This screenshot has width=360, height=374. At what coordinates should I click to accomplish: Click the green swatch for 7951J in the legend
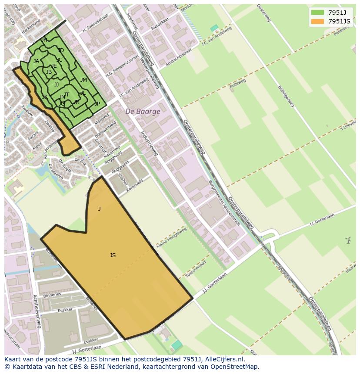(317, 12)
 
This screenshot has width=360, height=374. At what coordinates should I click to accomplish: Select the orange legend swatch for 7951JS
(317, 21)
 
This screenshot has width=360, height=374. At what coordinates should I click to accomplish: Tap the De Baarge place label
(143, 112)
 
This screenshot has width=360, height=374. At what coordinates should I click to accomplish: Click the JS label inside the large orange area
(113, 255)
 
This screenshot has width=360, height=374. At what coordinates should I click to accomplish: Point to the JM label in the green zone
(83, 80)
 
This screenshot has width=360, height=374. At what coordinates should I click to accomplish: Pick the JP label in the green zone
(97, 104)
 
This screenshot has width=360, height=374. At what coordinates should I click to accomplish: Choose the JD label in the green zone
(60, 51)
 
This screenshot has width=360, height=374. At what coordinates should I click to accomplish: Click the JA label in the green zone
(36, 61)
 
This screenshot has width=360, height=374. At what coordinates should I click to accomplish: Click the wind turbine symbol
(348, 240)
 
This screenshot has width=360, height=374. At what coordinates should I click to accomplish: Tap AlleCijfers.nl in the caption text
(224, 359)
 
